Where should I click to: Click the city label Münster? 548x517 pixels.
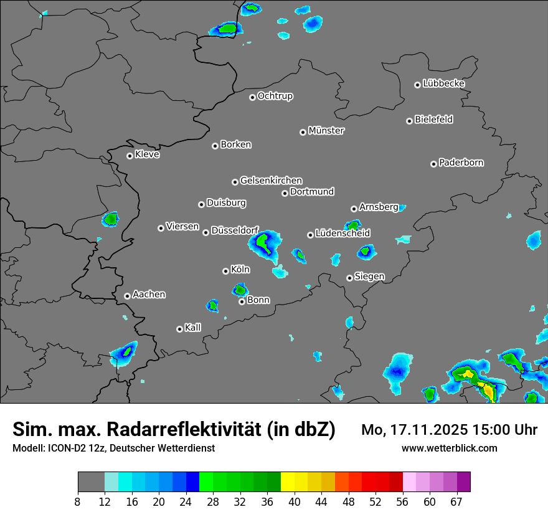pos(326,131)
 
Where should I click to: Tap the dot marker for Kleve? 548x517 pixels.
pos(130,156)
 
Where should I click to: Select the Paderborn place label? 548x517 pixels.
pos(461,163)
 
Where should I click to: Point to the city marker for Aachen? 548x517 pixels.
pos(127,296)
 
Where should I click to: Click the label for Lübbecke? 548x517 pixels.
pos(443,83)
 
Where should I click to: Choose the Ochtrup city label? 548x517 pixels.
pos(275,96)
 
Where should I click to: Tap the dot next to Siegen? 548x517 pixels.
pos(349,278)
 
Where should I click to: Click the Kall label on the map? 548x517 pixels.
pos(192,328)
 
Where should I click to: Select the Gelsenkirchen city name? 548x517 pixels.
pos(271,181)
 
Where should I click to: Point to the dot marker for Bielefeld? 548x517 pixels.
pos(409,121)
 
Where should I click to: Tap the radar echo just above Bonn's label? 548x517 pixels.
pos(240,289)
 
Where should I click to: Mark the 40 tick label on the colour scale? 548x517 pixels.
pos(295,502)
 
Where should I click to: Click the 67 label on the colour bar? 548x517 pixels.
pos(456,502)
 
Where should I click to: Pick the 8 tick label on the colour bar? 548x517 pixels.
pos(77,502)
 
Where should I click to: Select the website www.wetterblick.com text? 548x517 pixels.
pos(449,448)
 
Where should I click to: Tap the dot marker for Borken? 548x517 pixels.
pos(215,146)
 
